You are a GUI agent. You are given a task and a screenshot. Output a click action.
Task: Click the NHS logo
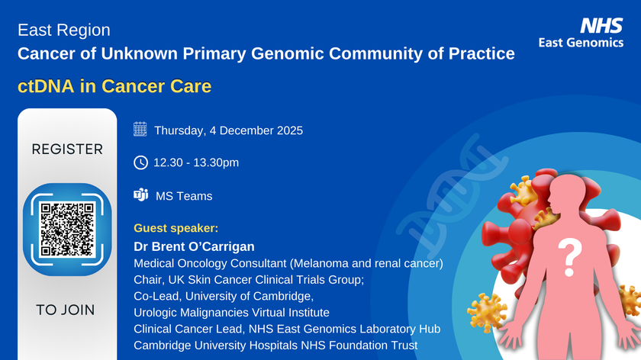tap(602, 26)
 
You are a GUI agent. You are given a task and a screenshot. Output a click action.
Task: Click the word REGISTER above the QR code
tap(67, 149)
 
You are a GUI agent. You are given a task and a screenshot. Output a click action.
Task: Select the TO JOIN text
tap(66, 310)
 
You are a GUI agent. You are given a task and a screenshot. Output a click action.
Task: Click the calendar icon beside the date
tap(140, 130)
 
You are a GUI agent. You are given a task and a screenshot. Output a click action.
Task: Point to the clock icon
tap(140, 162)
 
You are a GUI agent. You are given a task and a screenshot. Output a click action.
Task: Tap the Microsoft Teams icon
tap(140, 195)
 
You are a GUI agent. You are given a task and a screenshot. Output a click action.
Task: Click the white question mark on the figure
tap(567, 258)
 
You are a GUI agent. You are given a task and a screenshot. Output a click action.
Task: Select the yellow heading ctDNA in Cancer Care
tap(114, 86)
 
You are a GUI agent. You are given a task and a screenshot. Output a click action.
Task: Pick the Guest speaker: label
tap(176, 228)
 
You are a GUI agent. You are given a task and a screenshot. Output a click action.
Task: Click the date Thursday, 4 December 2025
tap(228, 130)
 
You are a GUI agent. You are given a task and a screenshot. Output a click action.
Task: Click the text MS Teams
tap(184, 196)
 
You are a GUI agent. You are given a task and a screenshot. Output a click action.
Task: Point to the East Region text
tap(64, 31)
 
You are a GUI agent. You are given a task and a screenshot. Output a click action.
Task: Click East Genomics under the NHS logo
tap(581, 43)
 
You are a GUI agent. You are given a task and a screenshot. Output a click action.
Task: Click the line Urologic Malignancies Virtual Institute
tap(231, 313)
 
